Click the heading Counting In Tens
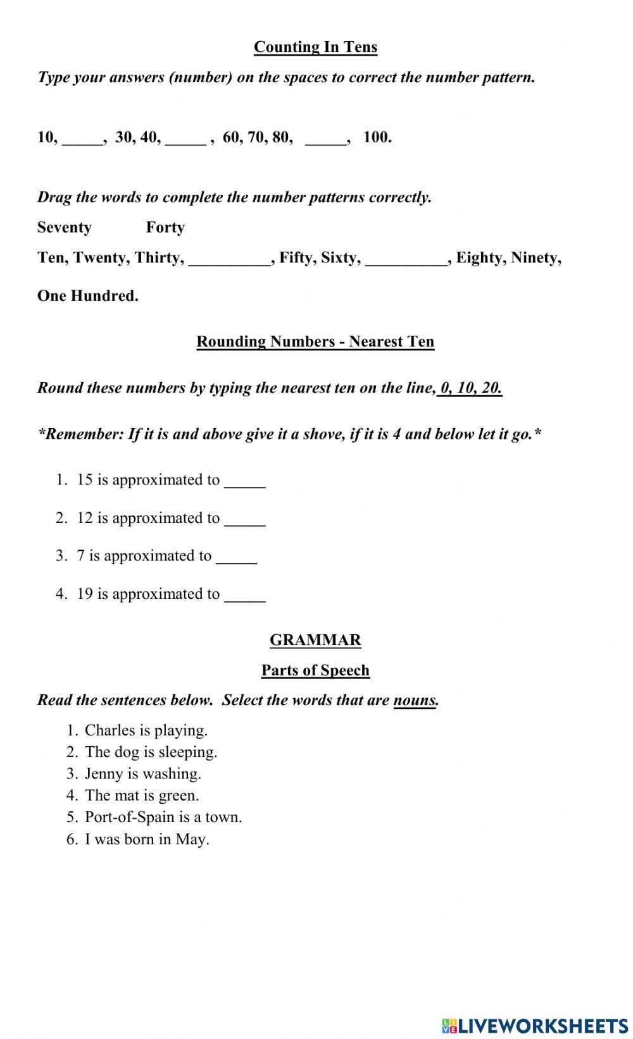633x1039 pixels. point(315,47)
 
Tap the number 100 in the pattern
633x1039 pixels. point(377,137)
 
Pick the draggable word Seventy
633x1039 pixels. point(65,227)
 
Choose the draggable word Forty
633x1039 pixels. point(165,227)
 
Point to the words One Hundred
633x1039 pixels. point(87,295)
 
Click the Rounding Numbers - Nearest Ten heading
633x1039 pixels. point(315,341)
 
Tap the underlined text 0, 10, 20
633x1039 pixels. point(470,388)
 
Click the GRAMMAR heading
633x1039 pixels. point(315,640)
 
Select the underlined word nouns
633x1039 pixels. point(415,700)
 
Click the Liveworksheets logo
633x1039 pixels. point(535,1025)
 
